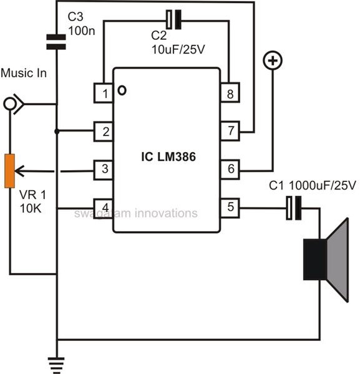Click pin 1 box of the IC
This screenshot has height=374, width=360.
(104, 93)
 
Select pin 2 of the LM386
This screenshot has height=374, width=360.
(104, 132)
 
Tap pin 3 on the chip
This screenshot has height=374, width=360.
(104, 170)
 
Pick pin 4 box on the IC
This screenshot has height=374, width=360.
(104, 208)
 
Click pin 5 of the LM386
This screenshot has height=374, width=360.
(230, 208)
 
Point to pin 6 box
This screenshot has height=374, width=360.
(230, 169)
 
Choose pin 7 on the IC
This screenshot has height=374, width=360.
(230, 131)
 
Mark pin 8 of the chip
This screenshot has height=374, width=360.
(230, 92)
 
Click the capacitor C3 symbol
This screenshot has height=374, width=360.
(56, 42)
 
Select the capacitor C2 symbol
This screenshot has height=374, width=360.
(173, 20)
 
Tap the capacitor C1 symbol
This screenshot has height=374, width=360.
(294, 208)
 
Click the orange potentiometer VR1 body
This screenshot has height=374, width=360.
(10, 171)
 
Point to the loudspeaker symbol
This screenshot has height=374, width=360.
(326, 260)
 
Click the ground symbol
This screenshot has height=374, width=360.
(57, 365)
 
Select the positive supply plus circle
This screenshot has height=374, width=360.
(273, 61)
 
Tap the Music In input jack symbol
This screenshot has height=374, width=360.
(14, 104)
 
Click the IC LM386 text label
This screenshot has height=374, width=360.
(168, 156)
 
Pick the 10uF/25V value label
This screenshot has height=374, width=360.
(178, 49)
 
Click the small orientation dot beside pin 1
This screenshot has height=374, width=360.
(122, 90)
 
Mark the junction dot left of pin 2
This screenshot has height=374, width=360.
(57, 132)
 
